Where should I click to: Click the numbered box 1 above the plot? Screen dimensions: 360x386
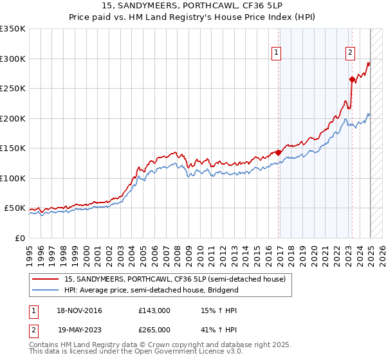[277, 53]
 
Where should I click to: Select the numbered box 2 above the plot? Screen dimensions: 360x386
[351, 53]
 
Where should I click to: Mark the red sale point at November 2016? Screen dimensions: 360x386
[278, 152]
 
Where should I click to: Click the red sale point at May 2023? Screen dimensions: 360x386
[352, 80]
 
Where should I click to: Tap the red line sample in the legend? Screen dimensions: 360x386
[46, 279]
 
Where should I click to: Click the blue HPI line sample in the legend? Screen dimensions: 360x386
[46, 290]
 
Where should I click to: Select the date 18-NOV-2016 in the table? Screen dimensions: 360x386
[78, 310]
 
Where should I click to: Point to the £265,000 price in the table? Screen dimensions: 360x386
[154, 329]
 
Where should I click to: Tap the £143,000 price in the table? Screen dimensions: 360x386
[154, 310]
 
